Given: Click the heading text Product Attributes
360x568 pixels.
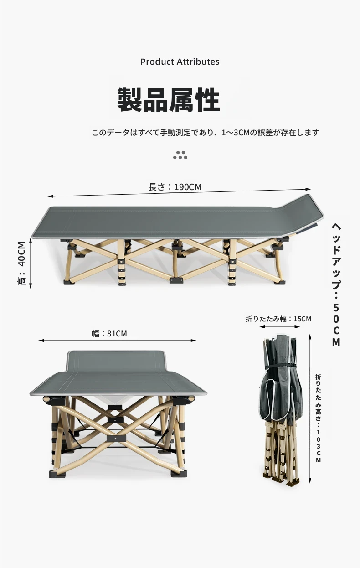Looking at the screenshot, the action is pos(180,62).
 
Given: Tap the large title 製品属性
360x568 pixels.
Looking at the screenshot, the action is pos(169,100).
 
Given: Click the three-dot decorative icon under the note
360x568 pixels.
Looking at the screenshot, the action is pos(180,155).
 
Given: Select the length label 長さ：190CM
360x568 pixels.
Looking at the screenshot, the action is pos(175,187).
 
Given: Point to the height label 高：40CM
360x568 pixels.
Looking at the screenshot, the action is pos(22,263).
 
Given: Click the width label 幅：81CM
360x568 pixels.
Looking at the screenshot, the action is pos(109,333).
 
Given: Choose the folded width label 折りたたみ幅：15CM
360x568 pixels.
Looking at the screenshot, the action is pos(278,319).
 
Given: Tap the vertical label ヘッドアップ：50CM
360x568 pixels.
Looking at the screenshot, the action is pos(336,284).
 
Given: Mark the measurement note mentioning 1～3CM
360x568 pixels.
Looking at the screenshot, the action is pos(205,132).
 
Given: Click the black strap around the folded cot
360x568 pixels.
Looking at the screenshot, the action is pos(281,366).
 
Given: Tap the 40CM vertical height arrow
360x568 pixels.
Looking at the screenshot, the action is pos(31,263).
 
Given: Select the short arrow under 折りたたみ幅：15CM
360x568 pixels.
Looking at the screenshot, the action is pos(280,326).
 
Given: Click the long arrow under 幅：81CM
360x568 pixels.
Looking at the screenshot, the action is pos(117,341).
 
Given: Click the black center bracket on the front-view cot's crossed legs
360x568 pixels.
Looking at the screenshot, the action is pos(116,438).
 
